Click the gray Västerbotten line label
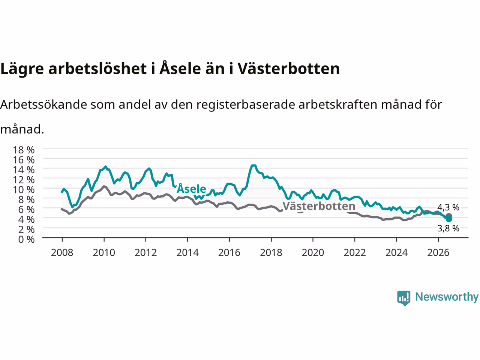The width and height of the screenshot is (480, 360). (x=319, y=206)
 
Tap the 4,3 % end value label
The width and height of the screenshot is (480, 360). (x=448, y=207)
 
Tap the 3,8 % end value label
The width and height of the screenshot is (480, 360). (x=448, y=228)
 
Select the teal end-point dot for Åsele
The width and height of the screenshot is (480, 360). (x=449, y=219)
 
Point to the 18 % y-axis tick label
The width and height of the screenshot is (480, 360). (x=24, y=150)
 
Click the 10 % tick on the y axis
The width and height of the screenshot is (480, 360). (x=24, y=190)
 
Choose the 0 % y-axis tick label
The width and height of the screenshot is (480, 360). (x=27, y=240)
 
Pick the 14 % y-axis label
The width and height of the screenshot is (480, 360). (x=24, y=170)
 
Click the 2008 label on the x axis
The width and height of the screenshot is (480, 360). (x=62, y=253)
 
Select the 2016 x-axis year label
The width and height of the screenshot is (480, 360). (x=229, y=253)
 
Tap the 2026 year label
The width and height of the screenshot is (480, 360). (x=438, y=253)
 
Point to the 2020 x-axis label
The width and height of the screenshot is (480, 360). (x=313, y=253)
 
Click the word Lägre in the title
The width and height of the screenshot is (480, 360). (x=22, y=69)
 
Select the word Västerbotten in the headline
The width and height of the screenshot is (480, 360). (x=289, y=68)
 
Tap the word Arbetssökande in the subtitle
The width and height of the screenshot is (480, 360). (x=43, y=105)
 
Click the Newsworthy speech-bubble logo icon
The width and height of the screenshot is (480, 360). (x=403, y=298)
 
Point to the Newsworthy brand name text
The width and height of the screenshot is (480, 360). (x=447, y=297)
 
